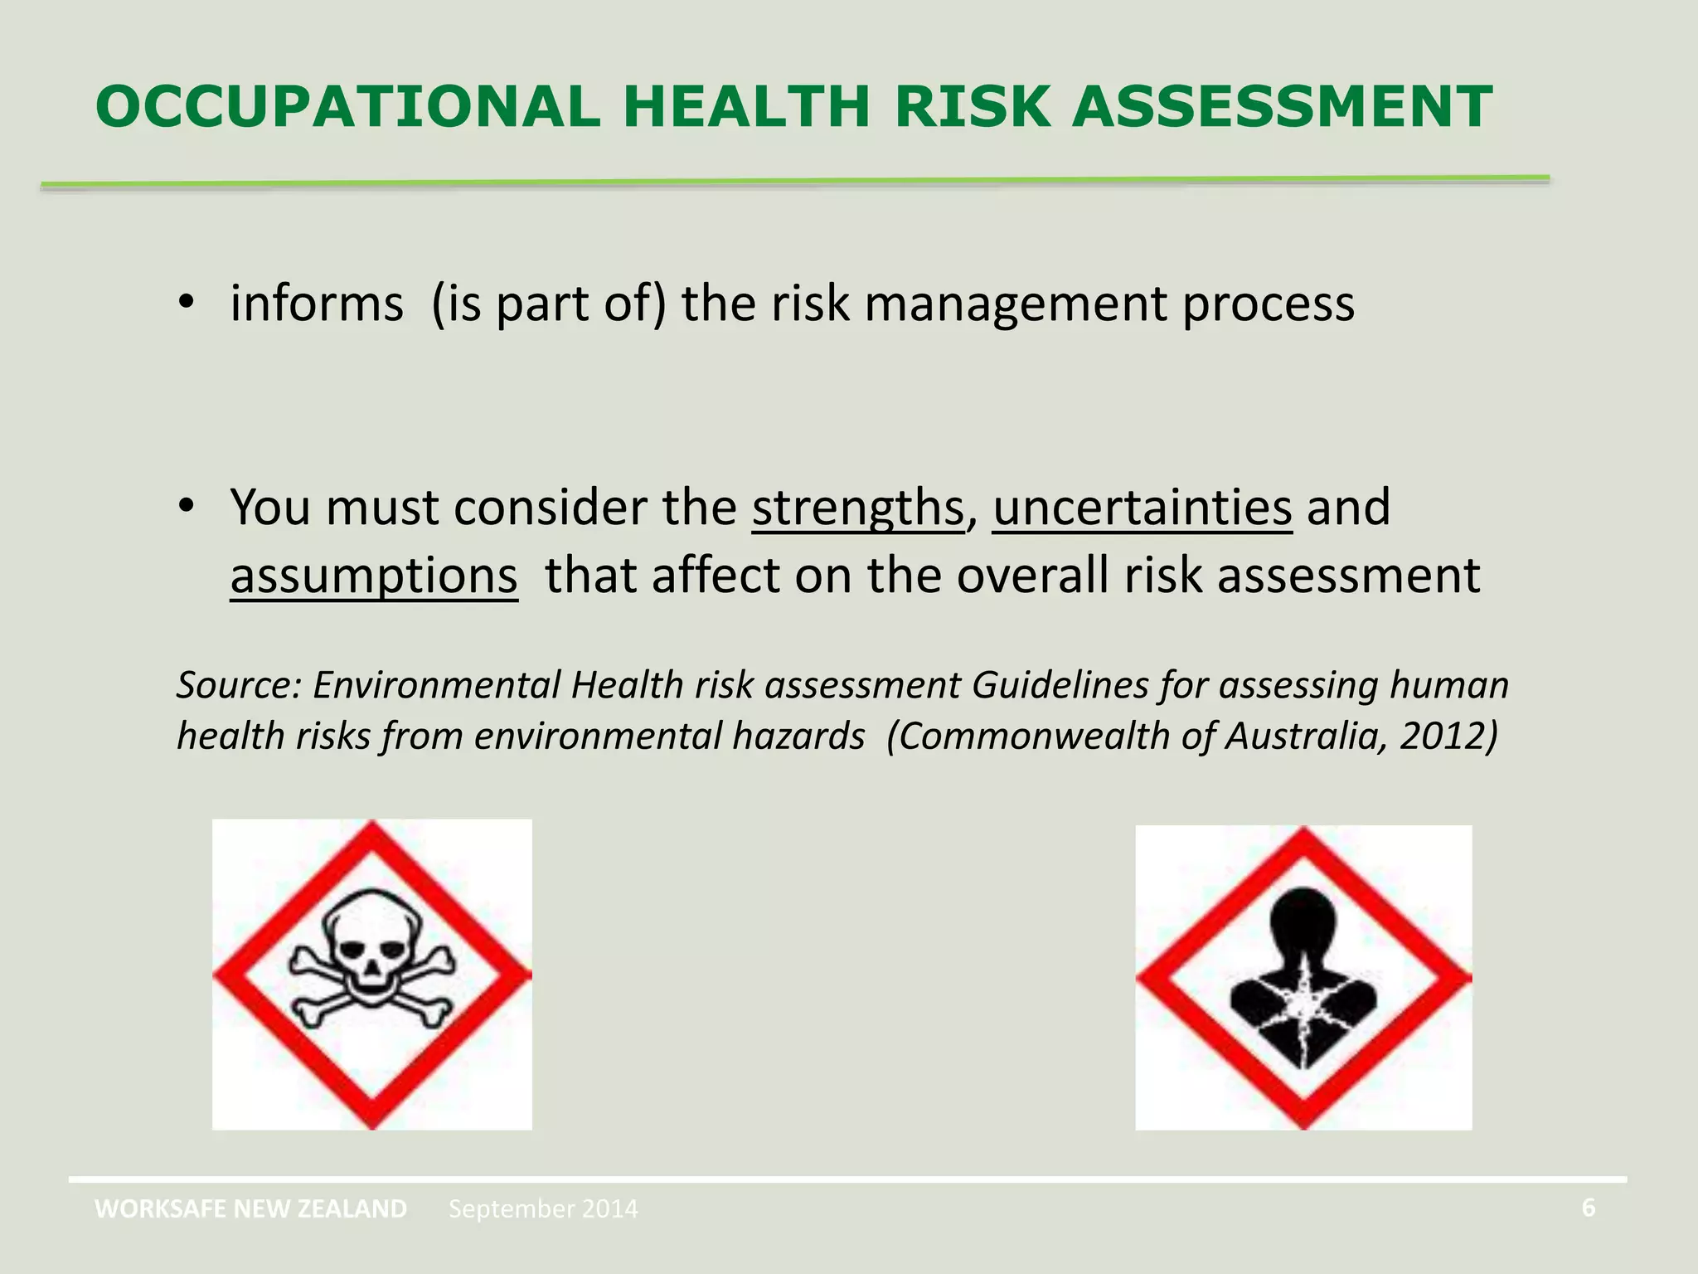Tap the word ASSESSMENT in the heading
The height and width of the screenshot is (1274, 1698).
(x=1282, y=107)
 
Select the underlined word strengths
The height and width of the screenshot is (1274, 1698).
(x=858, y=507)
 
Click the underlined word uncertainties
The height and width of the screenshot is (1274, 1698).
(x=1142, y=507)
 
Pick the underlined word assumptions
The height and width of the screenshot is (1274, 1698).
(x=374, y=576)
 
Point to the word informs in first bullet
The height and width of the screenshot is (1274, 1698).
(x=317, y=304)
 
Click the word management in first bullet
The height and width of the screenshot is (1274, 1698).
(x=1016, y=304)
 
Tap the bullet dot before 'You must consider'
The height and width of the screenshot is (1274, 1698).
(x=186, y=505)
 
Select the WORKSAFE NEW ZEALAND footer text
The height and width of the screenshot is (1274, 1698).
(x=250, y=1208)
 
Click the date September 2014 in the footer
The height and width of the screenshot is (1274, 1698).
(x=543, y=1209)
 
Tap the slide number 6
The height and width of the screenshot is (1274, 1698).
(x=1588, y=1208)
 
